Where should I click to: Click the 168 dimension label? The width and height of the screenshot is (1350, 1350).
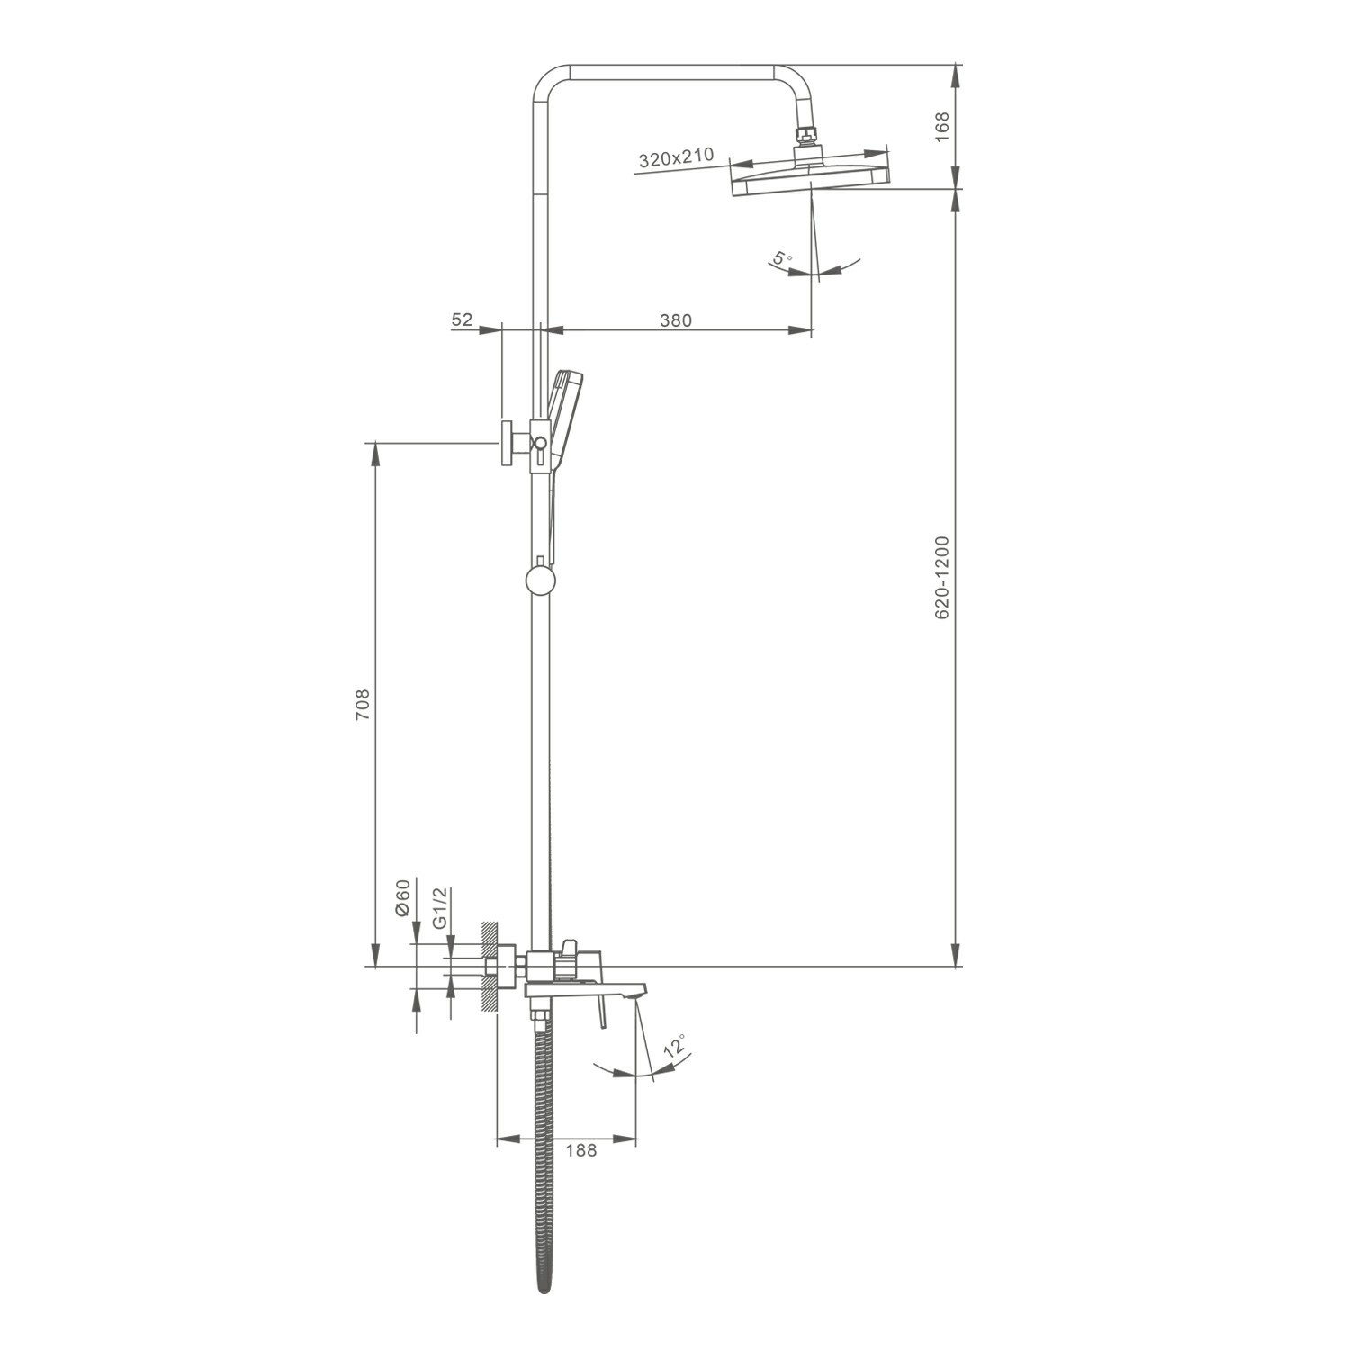click(x=942, y=127)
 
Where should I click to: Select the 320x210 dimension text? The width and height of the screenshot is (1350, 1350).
click(x=676, y=158)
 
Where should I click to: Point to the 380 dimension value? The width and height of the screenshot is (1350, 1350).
click(x=675, y=319)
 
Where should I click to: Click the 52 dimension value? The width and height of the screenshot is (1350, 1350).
click(x=462, y=319)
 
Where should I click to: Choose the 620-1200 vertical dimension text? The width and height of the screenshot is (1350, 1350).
click(x=942, y=577)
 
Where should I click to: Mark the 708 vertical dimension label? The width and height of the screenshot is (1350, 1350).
click(x=362, y=704)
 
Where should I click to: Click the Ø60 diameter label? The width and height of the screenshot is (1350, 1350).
click(x=402, y=897)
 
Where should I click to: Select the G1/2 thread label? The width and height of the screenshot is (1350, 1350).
click(x=439, y=907)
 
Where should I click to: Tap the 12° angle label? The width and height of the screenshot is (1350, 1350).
click(x=675, y=1048)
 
